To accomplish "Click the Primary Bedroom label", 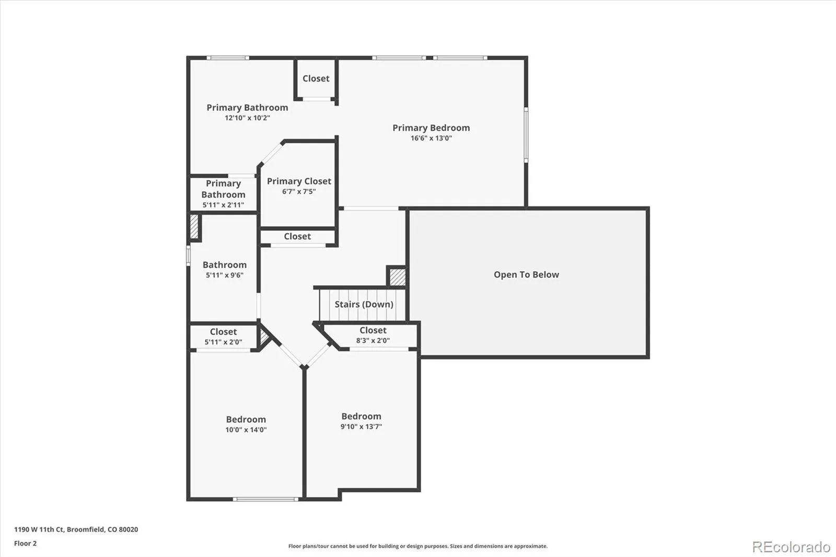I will tap(431, 128).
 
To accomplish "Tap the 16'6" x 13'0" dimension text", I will tap(431, 138).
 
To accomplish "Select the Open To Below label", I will tap(526, 275).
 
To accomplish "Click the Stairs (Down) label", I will tap(364, 305).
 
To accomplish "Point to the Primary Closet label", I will tap(299, 181).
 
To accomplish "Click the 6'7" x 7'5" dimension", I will tap(299, 192).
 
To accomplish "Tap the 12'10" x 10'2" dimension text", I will tap(247, 118).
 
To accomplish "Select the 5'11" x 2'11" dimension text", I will tap(223, 205).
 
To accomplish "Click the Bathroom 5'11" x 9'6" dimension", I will tap(224, 275).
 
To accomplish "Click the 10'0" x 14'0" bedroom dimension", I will tap(246, 430).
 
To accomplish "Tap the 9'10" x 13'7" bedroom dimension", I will tap(361, 427).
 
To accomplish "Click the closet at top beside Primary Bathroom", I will tap(316, 79).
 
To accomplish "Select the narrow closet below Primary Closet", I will tap(297, 237).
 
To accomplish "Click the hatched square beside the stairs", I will tap(397, 276).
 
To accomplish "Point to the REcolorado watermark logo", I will tap(791, 547).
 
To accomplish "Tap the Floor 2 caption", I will tap(25, 543).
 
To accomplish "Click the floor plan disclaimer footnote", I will tap(417, 546).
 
